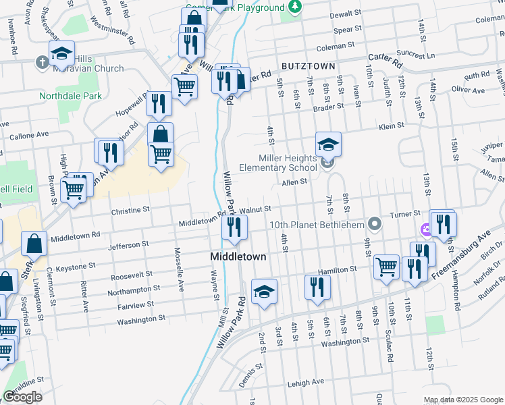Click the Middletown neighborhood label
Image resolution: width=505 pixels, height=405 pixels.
coord(238,257)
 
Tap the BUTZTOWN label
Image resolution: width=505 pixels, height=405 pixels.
coord(309,66)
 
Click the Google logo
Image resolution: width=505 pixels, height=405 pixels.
coord(22,397)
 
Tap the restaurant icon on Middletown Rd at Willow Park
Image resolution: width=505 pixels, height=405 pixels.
coord(234,227)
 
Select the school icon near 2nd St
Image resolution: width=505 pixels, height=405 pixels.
coord(264,292)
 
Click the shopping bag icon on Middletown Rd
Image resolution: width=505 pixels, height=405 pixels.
coord(34,244)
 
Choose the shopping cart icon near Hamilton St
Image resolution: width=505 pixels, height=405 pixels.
coord(386,266)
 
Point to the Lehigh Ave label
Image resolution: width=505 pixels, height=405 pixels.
coord(307,382)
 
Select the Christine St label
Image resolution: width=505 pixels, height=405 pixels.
coord(130,210)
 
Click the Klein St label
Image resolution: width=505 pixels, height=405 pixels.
coord(391,126)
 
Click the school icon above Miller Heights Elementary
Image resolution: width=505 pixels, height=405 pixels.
coord(328,144)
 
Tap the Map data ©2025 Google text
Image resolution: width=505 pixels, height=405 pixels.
coord(462,400)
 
